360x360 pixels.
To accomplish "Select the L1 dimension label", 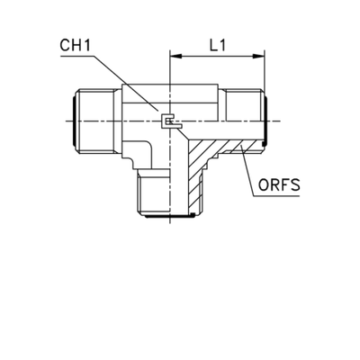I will click(215, 43).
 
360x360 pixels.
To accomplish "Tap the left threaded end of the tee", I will click(91, 119).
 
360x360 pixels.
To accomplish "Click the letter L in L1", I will click(210, 43).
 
